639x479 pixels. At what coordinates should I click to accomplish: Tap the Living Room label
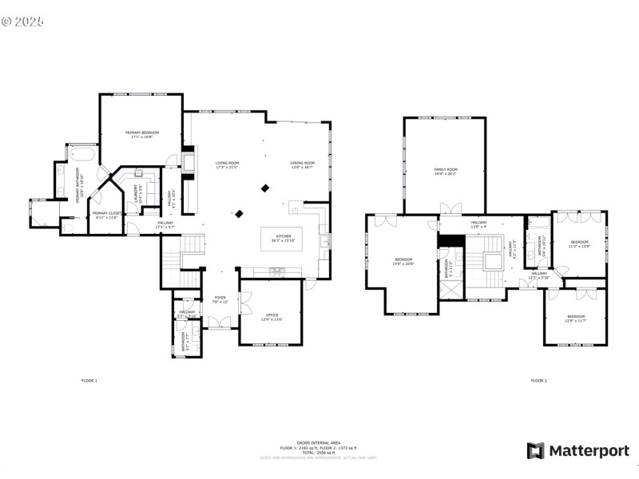(x=227, y=164)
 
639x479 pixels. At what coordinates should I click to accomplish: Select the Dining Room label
(x=302, y=164)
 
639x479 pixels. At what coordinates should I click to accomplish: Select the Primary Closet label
(x=105, y=215)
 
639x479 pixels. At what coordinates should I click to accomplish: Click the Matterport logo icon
(x=535, y=451)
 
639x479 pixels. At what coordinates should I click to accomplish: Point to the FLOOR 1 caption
(x=89, y=381)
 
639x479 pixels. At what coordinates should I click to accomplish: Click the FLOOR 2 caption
(x=539, y=381)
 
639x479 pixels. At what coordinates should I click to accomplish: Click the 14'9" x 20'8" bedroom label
(x=404, y=261)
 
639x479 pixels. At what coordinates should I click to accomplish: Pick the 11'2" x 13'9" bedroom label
(x=579, y=243)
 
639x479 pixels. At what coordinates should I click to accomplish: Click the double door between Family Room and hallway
(x=451, y=212)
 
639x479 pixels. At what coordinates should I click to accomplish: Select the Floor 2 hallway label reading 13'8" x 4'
(x=479, y=224)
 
